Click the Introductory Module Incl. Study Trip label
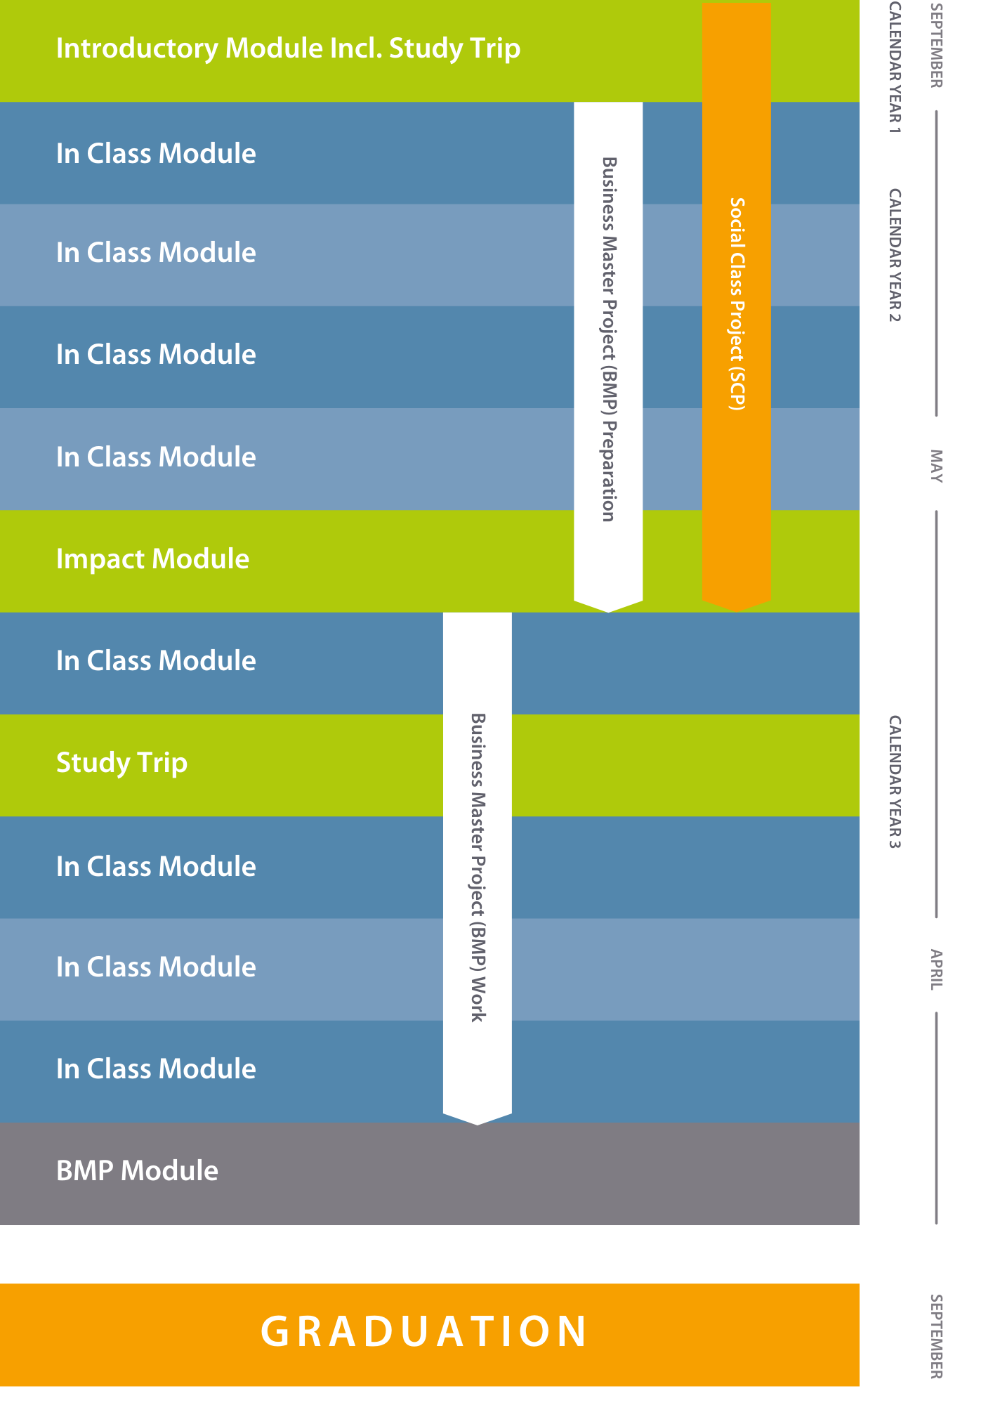[288, 48]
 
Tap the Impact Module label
[152, 559]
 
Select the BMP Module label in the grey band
[137, 1170]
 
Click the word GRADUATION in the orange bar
[423, 1331]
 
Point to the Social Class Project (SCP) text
[737, 303]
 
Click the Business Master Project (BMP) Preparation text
[609, 339]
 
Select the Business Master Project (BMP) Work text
[478, 868]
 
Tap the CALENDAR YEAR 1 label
[895, 67]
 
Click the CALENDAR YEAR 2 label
[895, 255]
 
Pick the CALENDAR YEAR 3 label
[895, 782]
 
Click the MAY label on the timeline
[936, 466]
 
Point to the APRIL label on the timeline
[936, 969]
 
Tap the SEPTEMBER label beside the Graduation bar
[936, 1336]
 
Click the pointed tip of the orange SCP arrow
[737, 611]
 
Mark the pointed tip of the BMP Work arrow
[478, 1125]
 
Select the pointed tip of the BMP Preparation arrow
[609, 612]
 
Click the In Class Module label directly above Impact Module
[156, 457]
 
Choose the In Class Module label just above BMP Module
[156, 1069]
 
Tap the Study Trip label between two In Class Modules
[121, 763]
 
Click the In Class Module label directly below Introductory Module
[156, 154]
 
